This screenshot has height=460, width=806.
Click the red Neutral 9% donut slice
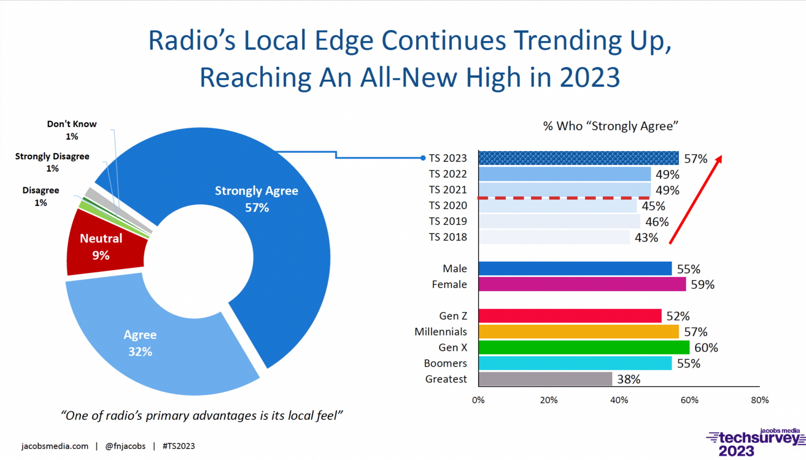(102, 247)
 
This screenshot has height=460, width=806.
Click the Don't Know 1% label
(72, 130)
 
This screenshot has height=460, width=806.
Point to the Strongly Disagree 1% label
(52, 162)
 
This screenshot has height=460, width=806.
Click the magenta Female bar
(582, 284)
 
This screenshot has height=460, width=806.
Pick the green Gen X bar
(584, 347)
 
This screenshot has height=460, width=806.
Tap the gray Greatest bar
(545, 379)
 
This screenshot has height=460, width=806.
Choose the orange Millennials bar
(578, 331)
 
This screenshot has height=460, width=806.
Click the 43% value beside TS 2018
(646, 238)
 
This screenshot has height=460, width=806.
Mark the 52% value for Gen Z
(677, 316)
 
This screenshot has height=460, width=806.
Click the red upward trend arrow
(696, 199)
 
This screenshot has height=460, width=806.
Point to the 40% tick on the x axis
(619, 400)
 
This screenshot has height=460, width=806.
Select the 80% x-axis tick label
(759, 400)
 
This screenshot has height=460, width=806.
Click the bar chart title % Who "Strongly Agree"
(610, 126)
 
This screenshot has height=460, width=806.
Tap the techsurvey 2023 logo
(756, 443)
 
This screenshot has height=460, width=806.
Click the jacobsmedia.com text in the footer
(55, 446)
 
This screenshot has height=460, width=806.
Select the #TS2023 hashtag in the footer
(178, 446)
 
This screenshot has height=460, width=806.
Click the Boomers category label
(445, 363)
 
